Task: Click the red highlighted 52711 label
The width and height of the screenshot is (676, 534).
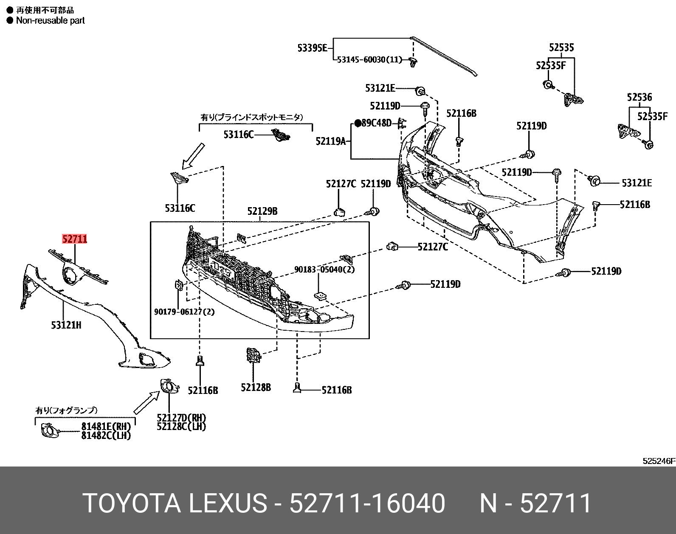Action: click(75, 239)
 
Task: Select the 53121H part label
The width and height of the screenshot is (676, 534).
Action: click(66, 325)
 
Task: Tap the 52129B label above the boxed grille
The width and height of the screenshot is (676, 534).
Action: click(262, 211)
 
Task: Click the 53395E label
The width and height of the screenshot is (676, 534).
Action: click(312, 48)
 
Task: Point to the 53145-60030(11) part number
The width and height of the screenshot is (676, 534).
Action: click(369, 60)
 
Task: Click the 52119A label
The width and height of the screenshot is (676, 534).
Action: click(330, 141)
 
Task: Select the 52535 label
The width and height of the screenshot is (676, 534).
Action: click(561, 48)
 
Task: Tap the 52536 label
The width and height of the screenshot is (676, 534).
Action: click(639, 97)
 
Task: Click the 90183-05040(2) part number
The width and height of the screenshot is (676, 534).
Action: click(325, 269)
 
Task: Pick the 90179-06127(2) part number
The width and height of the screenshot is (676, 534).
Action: click(184, 312)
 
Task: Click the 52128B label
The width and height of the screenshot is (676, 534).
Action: click(256, 387)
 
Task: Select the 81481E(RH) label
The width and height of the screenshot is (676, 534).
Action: click(106, 427)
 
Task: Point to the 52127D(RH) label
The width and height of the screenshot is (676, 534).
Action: click(181, 418)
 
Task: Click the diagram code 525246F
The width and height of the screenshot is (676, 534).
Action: click(658, 461)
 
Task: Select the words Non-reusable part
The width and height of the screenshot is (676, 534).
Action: click(50, 20)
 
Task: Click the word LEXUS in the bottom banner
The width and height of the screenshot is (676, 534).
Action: click(227, 503)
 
